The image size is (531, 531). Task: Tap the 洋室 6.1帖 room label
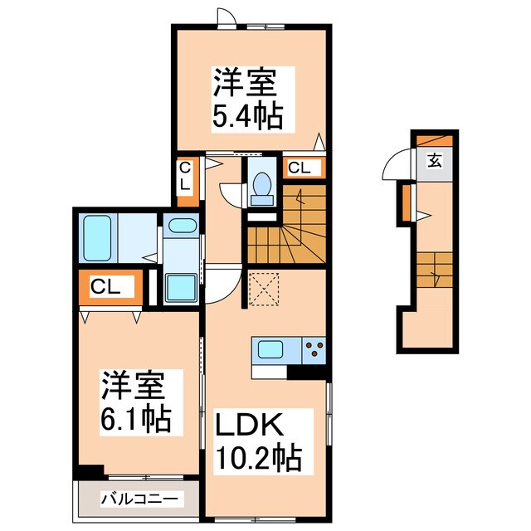[x=136, y=402]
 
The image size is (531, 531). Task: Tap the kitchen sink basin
[x=270, y=349]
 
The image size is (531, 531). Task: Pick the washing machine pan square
[x=181, y=287]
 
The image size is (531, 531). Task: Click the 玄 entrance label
[x=435, y=162]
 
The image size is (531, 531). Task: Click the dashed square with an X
[x=263, y=288]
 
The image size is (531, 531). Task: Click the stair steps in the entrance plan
[x=434, y=270]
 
